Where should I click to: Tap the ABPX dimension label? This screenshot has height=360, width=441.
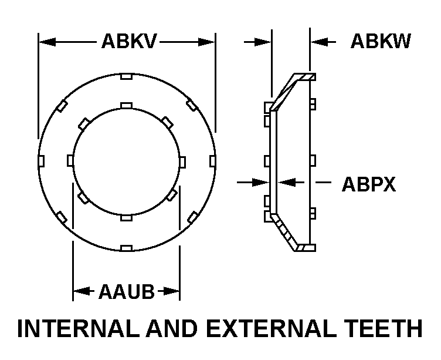(x=368, y=184)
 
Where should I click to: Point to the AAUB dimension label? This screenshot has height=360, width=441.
(x=126, y=291)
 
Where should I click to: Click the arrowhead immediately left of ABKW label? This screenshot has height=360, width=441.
(x=317, y=42)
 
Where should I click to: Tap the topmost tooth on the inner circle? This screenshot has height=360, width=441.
(x=125, y=105)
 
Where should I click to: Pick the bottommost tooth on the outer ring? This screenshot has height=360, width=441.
(x=125, y=248)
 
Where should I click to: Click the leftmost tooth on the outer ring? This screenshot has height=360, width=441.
(x=39, y=160)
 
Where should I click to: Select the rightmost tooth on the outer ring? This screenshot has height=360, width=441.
(x=212, y=160)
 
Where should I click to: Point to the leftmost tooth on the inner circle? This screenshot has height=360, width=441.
(x=70, y=160)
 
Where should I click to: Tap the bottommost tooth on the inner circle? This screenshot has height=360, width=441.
(x=125, y=217)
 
